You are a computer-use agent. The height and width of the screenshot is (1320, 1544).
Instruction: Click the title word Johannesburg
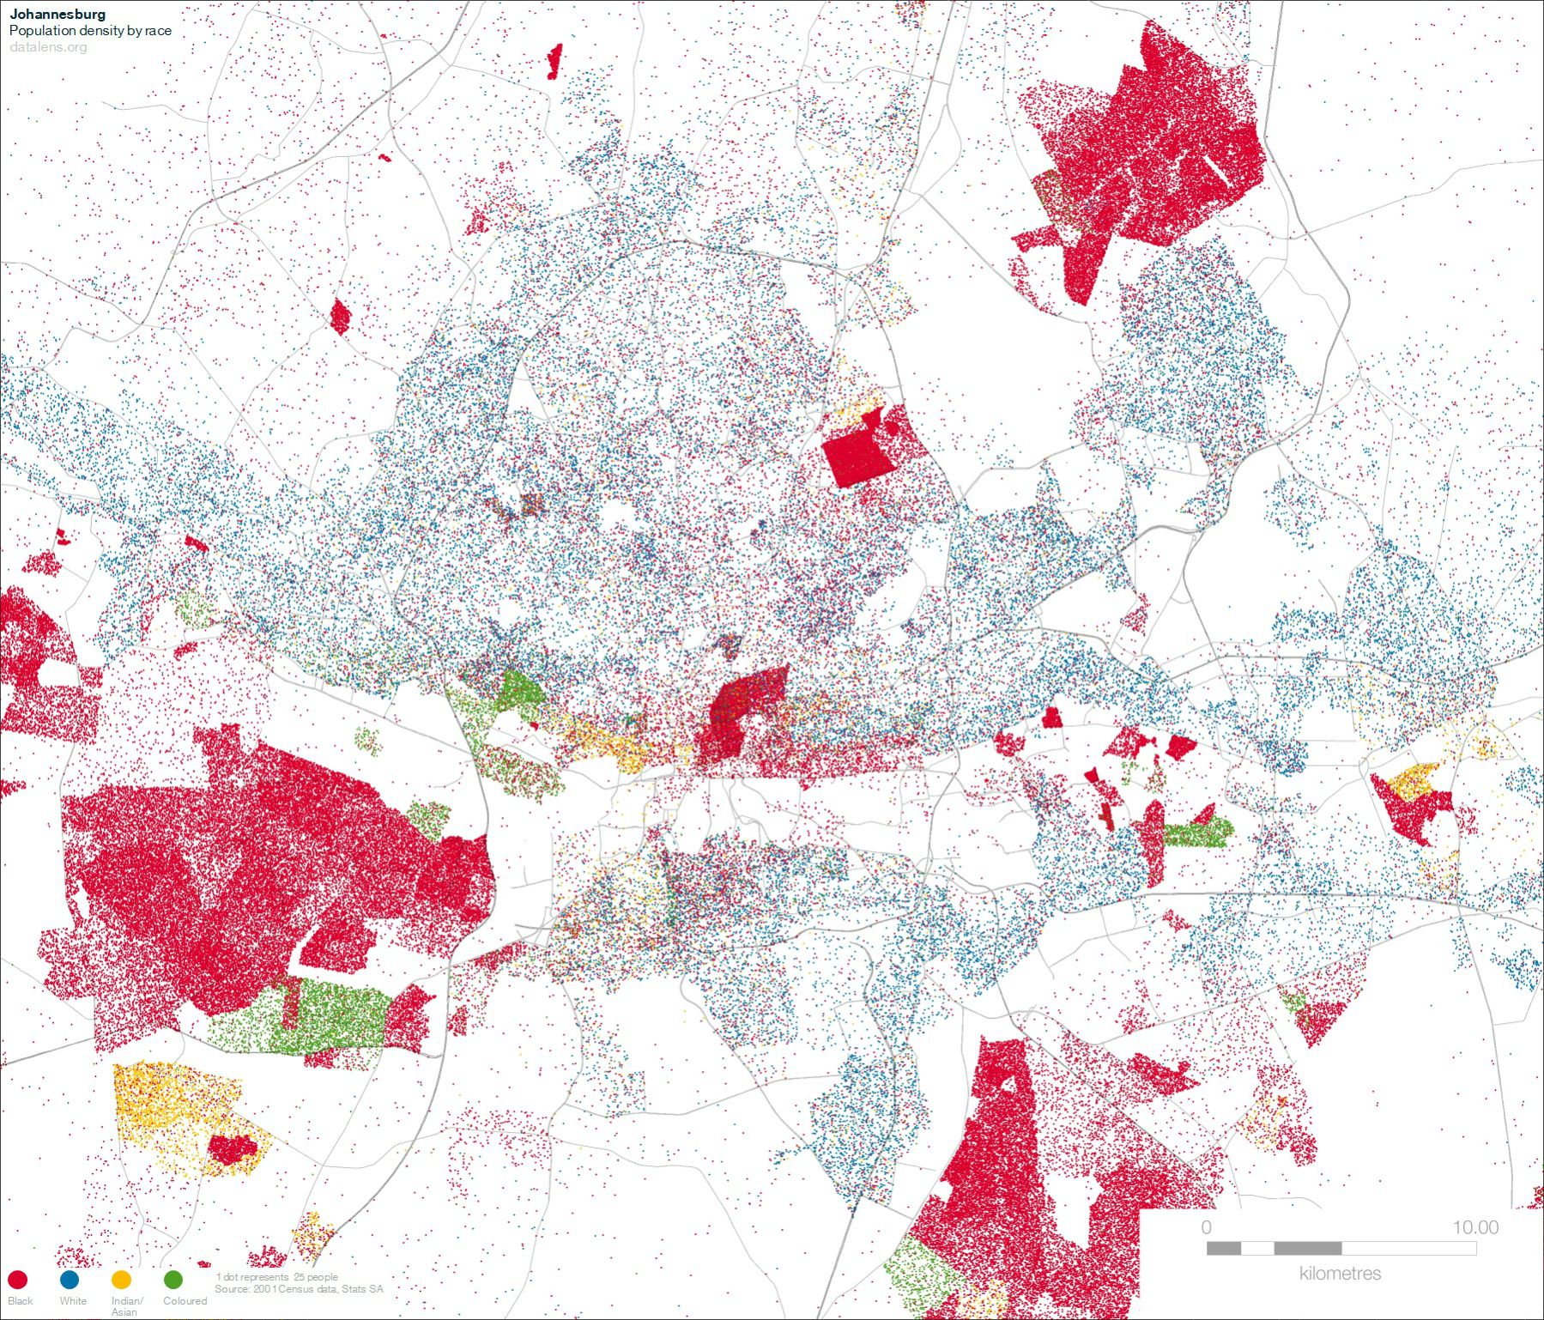[57, 14]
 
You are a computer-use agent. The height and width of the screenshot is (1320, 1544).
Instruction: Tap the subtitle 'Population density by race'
[90, 30]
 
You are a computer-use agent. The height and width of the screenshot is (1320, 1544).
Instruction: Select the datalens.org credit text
[48, 46]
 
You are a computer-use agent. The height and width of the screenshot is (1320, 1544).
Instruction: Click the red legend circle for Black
[17, 1280]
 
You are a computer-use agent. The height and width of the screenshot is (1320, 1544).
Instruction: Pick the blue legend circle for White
[70, 1280]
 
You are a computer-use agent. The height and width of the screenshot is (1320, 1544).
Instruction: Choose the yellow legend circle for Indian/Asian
[121, 1280]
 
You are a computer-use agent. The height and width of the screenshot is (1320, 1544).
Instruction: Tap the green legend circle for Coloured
[173, 1280]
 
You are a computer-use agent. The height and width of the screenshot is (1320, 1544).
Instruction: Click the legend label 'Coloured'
[185, 1300]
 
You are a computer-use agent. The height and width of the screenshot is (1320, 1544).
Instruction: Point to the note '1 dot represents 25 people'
[277, 1277]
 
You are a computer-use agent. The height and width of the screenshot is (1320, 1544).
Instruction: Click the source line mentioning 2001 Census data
[299, 1289]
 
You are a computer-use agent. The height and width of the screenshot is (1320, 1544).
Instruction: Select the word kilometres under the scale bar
[1340, 1274]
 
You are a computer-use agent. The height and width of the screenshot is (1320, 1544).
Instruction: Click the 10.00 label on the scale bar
[1474, 1227]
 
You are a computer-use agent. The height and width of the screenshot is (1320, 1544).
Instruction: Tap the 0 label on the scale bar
[1207, 1227]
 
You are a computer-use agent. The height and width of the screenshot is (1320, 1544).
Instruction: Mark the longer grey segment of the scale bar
[1307, 1248]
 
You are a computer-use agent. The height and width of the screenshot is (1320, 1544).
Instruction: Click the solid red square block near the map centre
[857, 457]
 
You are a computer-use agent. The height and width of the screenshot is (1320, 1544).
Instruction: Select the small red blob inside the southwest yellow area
[232, 1148]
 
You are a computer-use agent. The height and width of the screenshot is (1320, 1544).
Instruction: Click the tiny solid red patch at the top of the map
[554, 62]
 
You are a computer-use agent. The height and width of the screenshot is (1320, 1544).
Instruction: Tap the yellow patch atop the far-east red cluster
[1412, 782]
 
